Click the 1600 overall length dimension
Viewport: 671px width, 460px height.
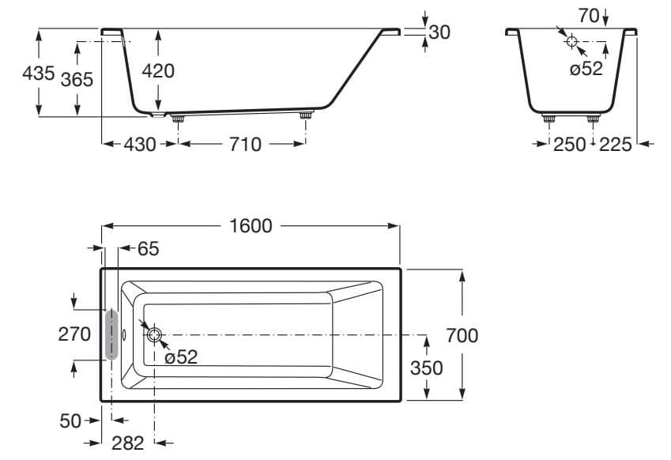pos(251,226)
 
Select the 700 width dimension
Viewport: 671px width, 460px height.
pos(462,335)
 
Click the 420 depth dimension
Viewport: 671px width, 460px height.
pos(158,70)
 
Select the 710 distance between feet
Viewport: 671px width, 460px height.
pos(245,144)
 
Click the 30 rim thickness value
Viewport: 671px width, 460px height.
pos(439,32)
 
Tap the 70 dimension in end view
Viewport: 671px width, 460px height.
pos(588,14)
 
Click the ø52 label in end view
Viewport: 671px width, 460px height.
pos(586,69)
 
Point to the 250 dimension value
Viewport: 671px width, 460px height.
pos(570,144)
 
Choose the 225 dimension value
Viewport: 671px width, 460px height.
pos(616,144)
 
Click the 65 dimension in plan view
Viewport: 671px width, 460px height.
pos(148,248)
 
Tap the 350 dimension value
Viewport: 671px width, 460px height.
pos(426,368)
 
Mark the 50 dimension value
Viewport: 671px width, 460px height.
pos(71,420)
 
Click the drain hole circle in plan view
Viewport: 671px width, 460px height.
pos(153,335)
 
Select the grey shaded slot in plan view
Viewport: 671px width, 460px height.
pos(111,334)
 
